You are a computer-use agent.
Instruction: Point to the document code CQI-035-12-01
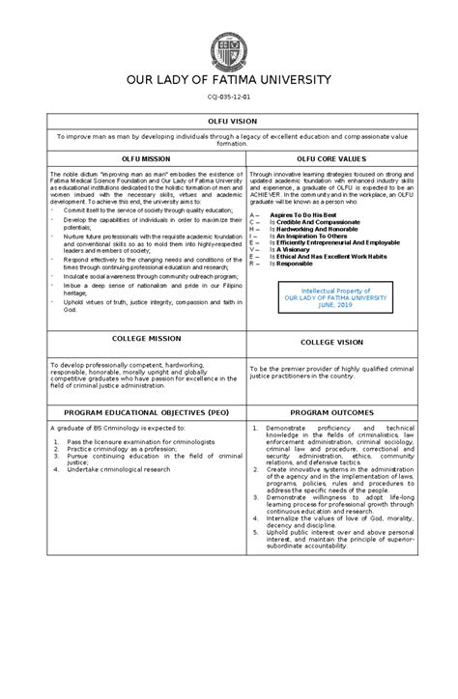pos(229,97)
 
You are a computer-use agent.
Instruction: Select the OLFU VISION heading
pos(229,123)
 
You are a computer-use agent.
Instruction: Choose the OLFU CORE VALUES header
pos(330,156)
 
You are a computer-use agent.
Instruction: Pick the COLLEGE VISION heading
pos(330,342)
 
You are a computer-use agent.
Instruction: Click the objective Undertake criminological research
pos(118,468)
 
